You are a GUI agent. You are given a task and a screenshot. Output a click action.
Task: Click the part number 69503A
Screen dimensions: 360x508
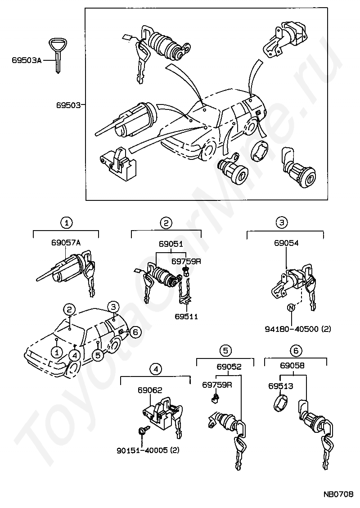point(27,60)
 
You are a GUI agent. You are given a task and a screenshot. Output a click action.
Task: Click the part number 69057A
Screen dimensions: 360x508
point(66,242)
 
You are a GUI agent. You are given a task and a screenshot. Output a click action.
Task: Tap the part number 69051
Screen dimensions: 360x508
point(171,244)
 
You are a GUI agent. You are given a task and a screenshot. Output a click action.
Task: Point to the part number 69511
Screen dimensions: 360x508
point(186,316)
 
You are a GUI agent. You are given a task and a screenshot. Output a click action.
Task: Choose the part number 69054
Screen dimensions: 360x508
point(287,243)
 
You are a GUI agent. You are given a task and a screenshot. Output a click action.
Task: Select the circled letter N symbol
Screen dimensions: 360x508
point(291,308)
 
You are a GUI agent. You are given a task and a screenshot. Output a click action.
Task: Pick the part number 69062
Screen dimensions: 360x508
point(150,390)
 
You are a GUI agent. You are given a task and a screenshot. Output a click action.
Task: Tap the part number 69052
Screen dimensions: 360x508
point(229,367)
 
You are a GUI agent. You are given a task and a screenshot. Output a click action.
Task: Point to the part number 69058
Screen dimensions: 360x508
point(292,366)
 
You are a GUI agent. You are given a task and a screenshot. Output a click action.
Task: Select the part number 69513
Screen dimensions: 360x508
point(281,386)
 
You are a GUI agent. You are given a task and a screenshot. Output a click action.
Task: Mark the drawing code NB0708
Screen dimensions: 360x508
point(338,494)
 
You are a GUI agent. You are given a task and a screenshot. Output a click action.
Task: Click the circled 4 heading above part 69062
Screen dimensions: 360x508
point(156,369)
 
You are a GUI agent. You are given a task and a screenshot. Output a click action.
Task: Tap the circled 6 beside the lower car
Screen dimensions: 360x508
point(135,331)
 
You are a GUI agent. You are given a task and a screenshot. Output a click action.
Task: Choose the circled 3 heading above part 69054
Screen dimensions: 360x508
point(282,222)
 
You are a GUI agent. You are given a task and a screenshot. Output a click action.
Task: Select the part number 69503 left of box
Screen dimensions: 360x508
point(68,105)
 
